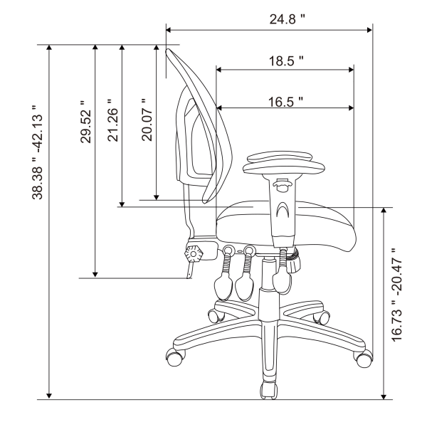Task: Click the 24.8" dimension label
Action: (287, 19)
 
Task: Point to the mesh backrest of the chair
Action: (206, 128)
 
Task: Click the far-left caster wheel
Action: (174, 355)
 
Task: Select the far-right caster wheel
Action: (364, 355)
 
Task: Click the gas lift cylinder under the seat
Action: (269, 285)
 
